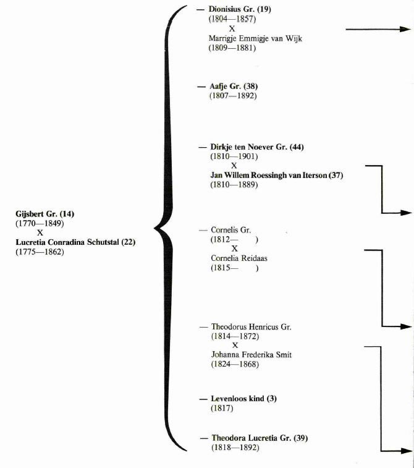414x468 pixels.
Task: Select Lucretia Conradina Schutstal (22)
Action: [75, 242]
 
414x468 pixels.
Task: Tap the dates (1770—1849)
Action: [39, 223]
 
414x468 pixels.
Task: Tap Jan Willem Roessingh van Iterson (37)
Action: [276, 176]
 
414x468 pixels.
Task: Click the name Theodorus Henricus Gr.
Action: [251, 326]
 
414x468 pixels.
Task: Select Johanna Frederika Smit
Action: [252, 355]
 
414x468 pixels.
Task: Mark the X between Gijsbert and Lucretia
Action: [40, 232]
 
